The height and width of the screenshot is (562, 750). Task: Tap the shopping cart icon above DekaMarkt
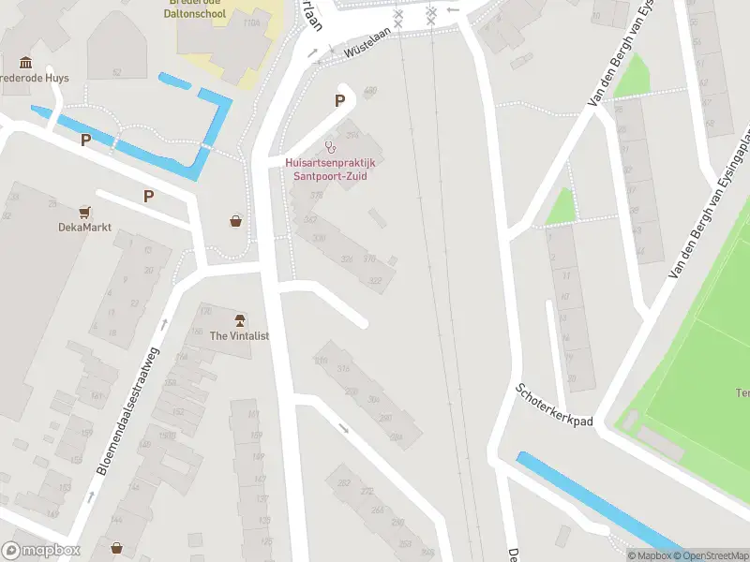tap(85, 212)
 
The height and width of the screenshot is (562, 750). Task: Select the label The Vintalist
tap(239, 335)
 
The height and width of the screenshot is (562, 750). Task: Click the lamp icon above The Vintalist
tap(240, 320)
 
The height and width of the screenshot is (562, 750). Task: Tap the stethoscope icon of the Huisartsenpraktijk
tap(329, 146)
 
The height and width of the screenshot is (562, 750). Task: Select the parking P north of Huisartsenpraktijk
tap(340, 101)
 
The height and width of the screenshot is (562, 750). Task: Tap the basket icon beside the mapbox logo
tap(116, 547)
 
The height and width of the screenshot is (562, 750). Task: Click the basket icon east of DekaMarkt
tap(235, 221)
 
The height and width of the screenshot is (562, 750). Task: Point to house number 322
tap(376, 280)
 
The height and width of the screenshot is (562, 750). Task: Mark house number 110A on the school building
tap(250, 22)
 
